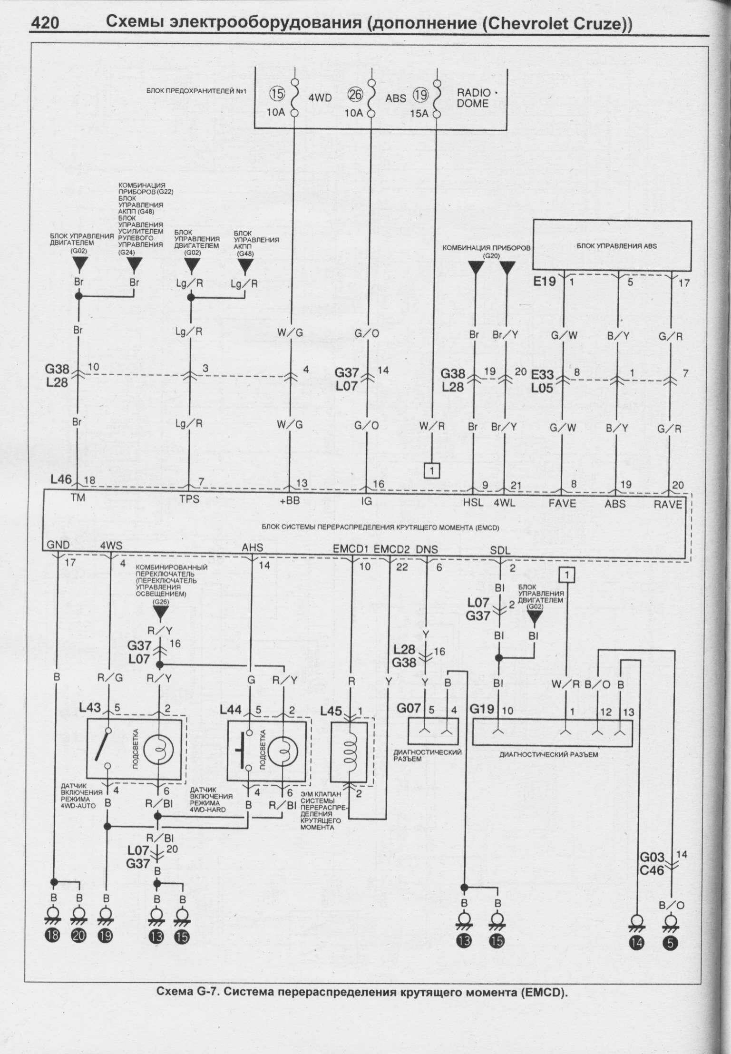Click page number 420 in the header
coord(45,23)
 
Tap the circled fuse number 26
coord(355,95)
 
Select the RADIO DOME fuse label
coord(473,98)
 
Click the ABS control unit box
coord(612,246)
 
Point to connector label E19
coord(544,281)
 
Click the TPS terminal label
coord(189,500)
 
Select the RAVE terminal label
coord(668,504)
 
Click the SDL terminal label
coord(500,550)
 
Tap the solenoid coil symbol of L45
coord(351,751)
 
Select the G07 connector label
coord(409,709)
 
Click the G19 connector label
coord(483,710)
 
